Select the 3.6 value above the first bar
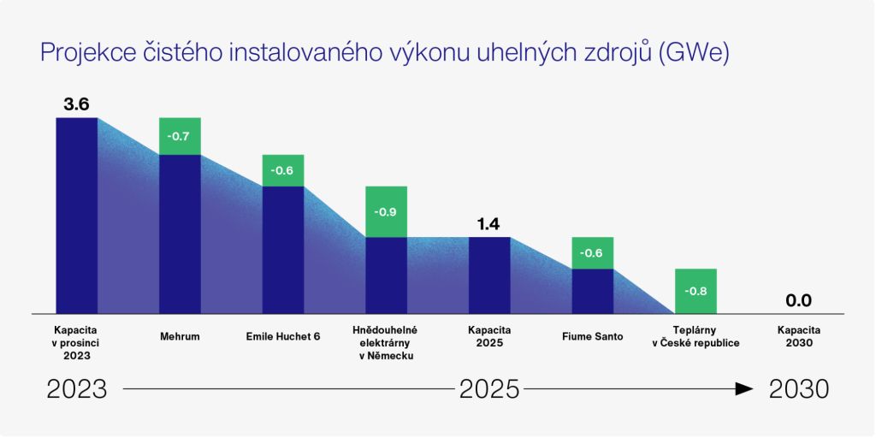[x=76, y=104]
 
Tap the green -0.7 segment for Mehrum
[x=180, y=136]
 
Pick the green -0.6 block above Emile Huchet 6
[x=282, y=170]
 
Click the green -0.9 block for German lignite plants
[x=386, y=211]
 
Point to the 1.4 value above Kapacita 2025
[x=488, y=224]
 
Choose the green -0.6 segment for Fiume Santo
[x=592, y=253]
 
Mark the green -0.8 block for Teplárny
[x=695, y=291]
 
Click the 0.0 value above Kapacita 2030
[x=798, y=300]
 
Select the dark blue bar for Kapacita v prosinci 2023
[x=76, y=215]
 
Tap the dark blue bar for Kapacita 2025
[x=489, y=275]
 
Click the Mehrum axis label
[x=180, y=336]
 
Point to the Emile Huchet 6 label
[x=282, y=336]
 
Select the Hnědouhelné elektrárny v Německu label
[x=386, y=342]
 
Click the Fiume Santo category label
[x=592, y=336]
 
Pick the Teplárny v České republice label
[x=695, y=336]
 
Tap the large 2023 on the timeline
[x=77, y=389]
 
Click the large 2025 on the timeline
[x=489, y=389]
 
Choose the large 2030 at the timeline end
[x=798, y=389]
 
